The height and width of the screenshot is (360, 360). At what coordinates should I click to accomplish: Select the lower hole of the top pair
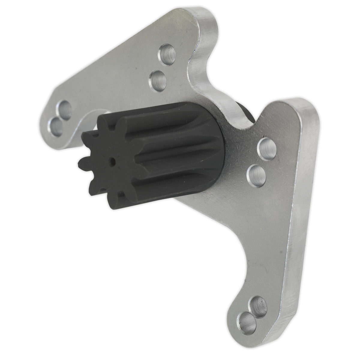pos(158,80)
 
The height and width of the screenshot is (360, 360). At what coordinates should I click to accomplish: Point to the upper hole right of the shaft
pos(267,148)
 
